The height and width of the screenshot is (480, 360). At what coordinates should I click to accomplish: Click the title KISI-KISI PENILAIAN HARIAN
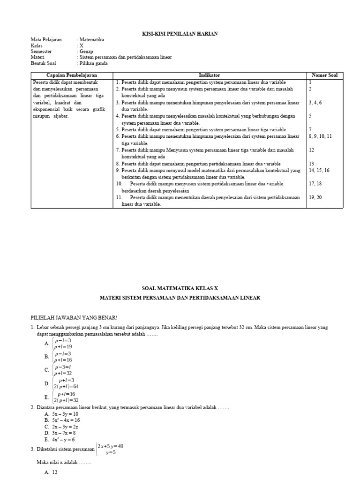[x=180, y=34]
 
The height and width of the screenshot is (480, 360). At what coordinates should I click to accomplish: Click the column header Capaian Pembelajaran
[x=72, y=75]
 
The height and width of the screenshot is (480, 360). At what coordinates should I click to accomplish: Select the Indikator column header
[x=210, y=75]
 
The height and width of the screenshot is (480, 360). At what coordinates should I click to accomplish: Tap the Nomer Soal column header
[x=324, y=75]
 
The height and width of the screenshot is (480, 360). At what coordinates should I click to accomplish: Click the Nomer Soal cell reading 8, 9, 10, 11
[x=320, y=136]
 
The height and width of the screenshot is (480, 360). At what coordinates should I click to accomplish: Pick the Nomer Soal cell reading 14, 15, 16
[x=319, y=170]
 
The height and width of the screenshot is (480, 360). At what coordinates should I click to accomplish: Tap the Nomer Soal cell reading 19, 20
[x=315, y=197]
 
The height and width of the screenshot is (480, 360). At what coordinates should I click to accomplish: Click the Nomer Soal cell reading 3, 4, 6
[x=315, y=102]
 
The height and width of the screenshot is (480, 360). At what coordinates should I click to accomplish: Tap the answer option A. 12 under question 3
[x=51, y=473]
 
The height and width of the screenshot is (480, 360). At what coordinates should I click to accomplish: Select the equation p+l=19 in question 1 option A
[x=63, y=346]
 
